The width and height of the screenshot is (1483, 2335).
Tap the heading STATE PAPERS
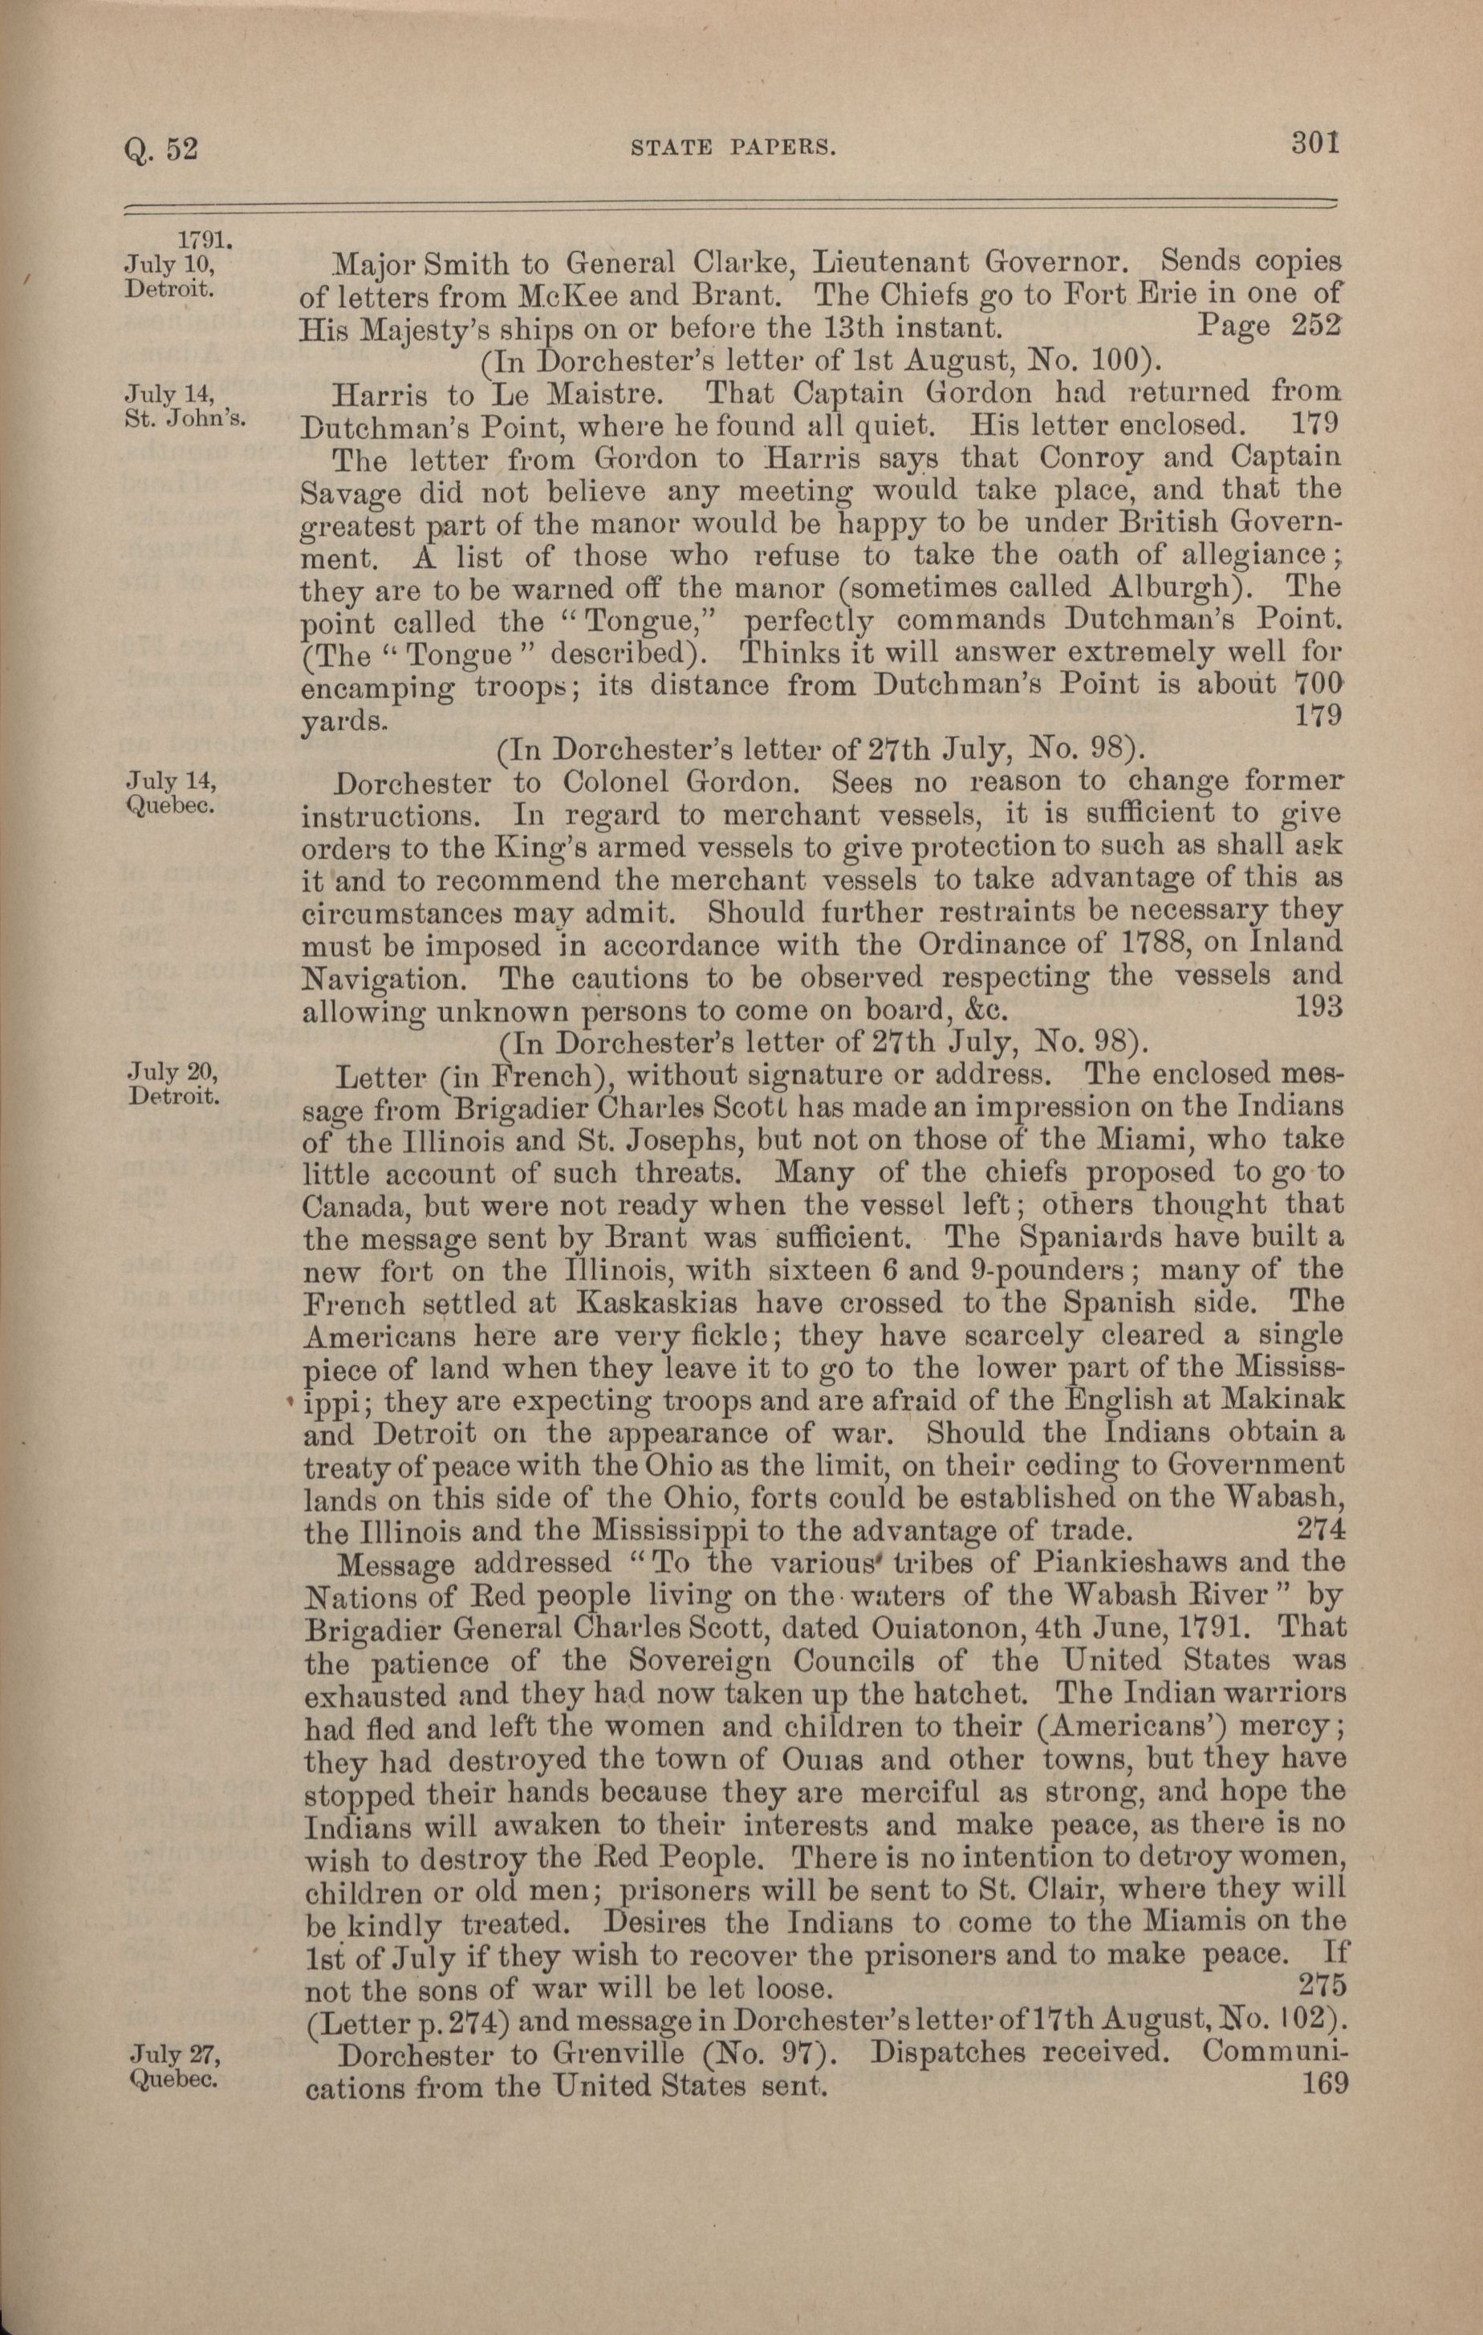(733, 148)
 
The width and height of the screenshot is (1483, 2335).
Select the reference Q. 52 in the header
(161, 149)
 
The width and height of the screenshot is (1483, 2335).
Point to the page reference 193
(1318, 1005)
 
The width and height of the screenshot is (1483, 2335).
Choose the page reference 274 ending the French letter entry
(1319, 1530)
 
